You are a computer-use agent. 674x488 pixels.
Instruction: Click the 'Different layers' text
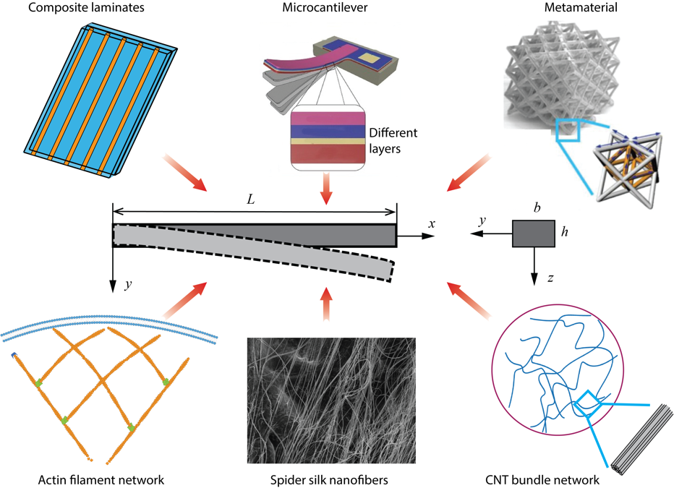393,142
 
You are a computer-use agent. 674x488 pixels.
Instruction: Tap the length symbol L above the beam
251,198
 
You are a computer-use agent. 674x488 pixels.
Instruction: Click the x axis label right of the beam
431,224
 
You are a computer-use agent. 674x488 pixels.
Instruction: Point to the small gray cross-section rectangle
534,234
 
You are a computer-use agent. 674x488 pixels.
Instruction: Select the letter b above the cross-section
537,208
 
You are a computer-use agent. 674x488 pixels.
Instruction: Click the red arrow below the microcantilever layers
327,190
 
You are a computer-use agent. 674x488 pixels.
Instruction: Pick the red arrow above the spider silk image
326,304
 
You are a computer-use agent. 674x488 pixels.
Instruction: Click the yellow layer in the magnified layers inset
328,142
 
